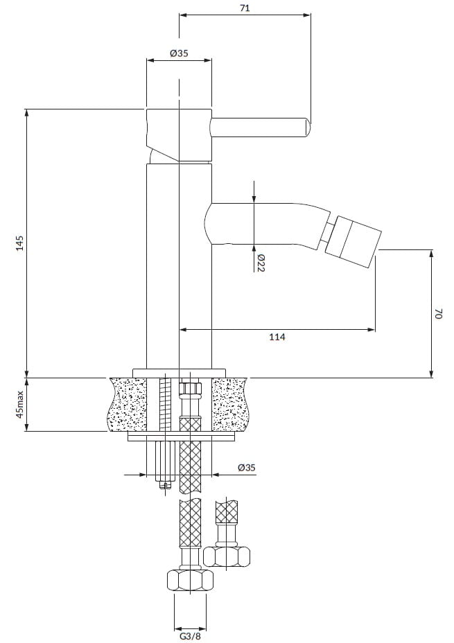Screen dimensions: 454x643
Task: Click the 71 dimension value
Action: pyautogui.click(x=245, y=8)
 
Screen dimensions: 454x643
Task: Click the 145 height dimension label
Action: pyautogui.click(x=20, y=243)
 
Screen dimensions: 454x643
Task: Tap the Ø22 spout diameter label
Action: pyautogui.click(x=261, y=263)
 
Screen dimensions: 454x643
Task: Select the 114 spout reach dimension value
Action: pyautogui.click(x=277, y=337)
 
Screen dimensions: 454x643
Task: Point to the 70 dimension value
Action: pyautogui.click(x=439, y=315)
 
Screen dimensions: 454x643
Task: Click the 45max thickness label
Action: pyautogui.click(x=19, y=404)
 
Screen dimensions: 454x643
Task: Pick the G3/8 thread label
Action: pyautogui.click(x=191, y=637)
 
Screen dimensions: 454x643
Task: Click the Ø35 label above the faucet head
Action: pyautogui.click(x=179, y=53)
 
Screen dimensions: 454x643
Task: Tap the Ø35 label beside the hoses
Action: pyautogui.click(x=247, y=468)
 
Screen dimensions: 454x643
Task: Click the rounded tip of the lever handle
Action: pyautogui.click(x=308, y=127)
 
